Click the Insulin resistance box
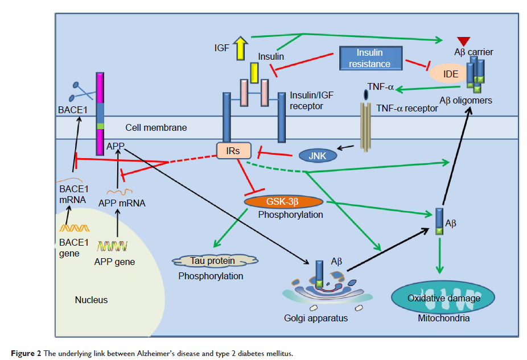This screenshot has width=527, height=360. pos(370,57)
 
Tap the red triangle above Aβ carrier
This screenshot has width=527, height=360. pos(463,40)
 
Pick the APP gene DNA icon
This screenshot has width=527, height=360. pos(113,246)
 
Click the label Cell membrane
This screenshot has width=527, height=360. pos(156,128)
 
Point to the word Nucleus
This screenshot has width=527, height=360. pos(91,300)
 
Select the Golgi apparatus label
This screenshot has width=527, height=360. pos(316,318)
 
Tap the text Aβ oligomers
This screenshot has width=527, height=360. pos(466,101)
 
